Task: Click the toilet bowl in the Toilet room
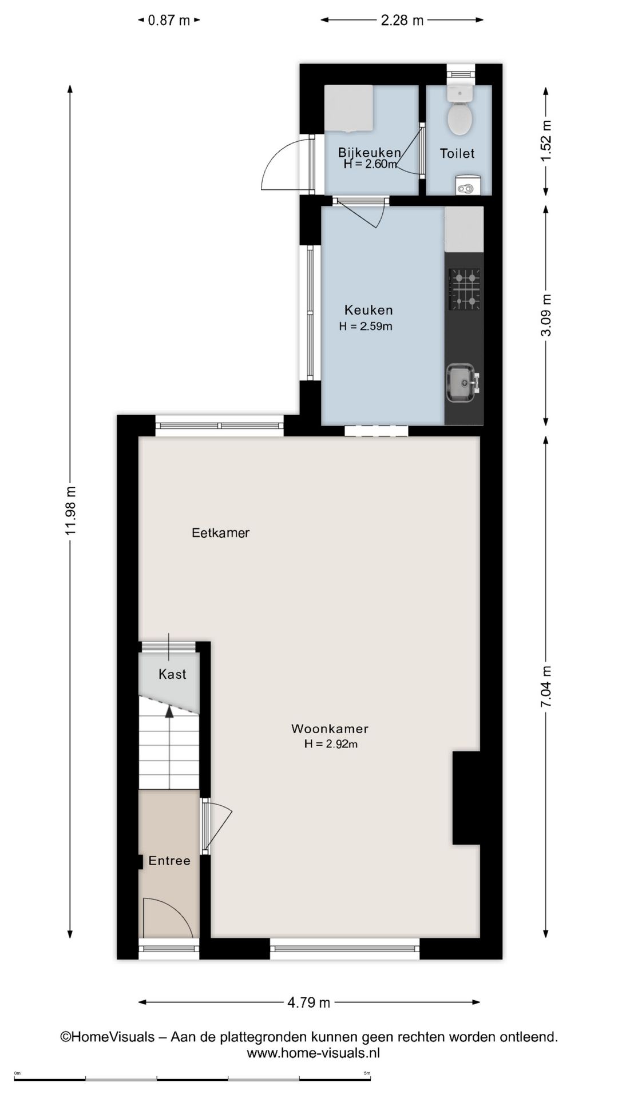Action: click(x=459, y=118)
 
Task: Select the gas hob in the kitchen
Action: click(x=464, y=289)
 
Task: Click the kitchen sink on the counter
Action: click(x=461, y=383)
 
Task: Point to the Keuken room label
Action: click(x=369, y=311)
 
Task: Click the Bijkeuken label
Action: click(x=369, y=152)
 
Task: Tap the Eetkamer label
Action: click(x=220, y=533)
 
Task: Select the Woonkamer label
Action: click(x=330, y=729)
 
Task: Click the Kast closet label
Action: click(x=172, y=675)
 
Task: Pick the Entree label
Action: click(x=169, y=861)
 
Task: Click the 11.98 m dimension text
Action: click(x=70, y=511)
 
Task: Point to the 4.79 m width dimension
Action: click(x=308, y=1002)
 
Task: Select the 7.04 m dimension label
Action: click(x=546, y=687)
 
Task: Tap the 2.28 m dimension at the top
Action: click(x=402, y=21)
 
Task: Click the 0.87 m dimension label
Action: click(x=169, y=21)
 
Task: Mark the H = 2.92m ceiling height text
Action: click(x=331, y=744)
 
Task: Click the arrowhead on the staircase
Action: click(x=169, y=712)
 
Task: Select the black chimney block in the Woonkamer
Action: click(x=466, y=798)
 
